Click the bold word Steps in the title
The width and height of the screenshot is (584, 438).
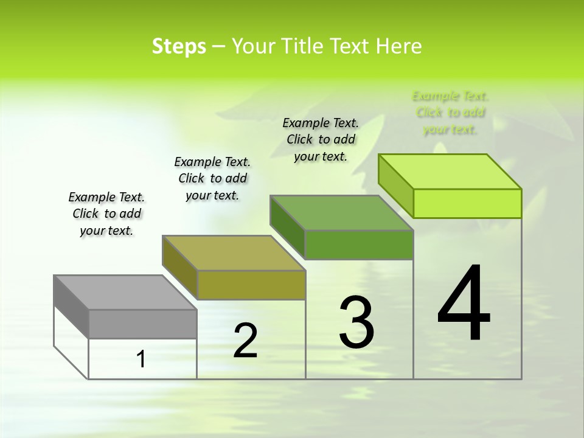179,47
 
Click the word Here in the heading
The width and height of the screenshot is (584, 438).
398,47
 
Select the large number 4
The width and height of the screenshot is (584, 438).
464,304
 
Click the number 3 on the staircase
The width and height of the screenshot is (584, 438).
356,322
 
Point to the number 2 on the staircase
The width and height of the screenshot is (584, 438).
245,341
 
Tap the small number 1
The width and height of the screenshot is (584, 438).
141,360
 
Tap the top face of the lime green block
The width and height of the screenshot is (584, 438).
450,172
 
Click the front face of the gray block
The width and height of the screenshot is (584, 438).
142,324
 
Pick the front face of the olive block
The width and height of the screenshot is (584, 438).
251,285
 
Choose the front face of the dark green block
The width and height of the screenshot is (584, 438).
359,245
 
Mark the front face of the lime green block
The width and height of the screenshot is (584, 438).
467,203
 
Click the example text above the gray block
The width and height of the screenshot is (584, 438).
106,214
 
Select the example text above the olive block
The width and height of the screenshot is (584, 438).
212,178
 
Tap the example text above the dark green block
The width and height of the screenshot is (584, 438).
321,139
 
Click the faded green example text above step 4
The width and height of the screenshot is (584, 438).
450,113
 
